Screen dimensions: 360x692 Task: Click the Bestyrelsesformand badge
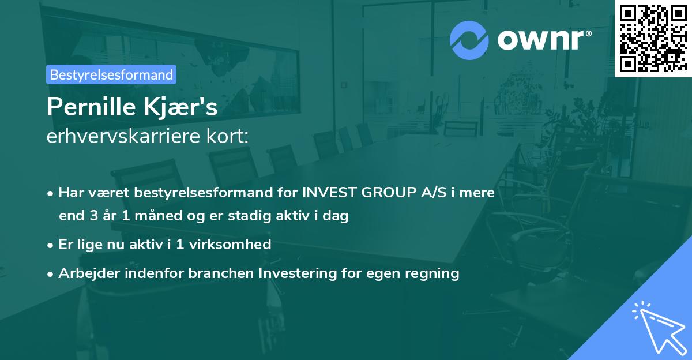111,74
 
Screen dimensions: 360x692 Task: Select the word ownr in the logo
541,40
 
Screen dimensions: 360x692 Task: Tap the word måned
163,216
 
